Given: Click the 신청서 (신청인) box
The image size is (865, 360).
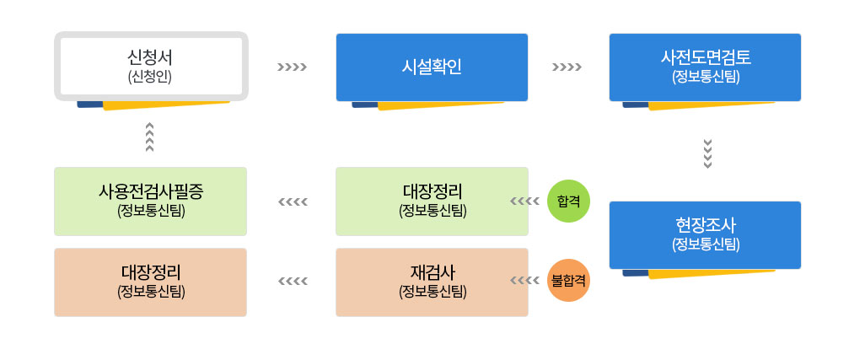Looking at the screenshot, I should (x=151, y=67).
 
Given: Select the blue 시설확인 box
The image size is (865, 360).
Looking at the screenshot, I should (x=432, y=67).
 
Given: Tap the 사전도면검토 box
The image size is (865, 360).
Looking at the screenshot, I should (x=706, y=67).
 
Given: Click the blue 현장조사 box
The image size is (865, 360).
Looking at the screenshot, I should (x=706, y=234).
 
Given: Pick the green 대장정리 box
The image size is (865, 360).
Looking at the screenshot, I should (x=432, y=201).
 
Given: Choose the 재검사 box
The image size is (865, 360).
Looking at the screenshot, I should (x=432, y=282).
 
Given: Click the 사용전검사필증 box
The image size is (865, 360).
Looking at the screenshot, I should (x=151, y=201).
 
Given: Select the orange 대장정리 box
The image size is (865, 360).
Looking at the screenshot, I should (x=151, y=282).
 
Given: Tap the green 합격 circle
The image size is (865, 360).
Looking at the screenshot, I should (x=569, y=201).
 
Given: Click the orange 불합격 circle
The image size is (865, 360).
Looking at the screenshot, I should (x=569, y=282).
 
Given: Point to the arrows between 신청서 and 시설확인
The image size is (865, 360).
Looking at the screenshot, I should (x=292, y=67).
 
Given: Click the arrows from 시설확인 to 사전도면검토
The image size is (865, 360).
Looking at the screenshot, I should (x=567, y=67).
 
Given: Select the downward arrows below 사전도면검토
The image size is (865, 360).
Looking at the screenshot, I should (x=707, y=153).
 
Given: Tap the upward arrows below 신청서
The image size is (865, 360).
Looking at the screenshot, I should (x=149, y=137).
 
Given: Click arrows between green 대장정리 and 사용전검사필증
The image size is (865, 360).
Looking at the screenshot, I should (x=292, y=201).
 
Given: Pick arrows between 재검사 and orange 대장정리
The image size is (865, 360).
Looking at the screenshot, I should (x=292, y=282).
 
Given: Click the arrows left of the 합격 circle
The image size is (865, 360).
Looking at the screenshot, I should (x=525, y=201).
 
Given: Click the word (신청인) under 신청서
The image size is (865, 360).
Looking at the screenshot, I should (x=151, y=77).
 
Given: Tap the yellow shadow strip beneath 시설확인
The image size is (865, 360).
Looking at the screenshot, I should (x=438, y=106).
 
